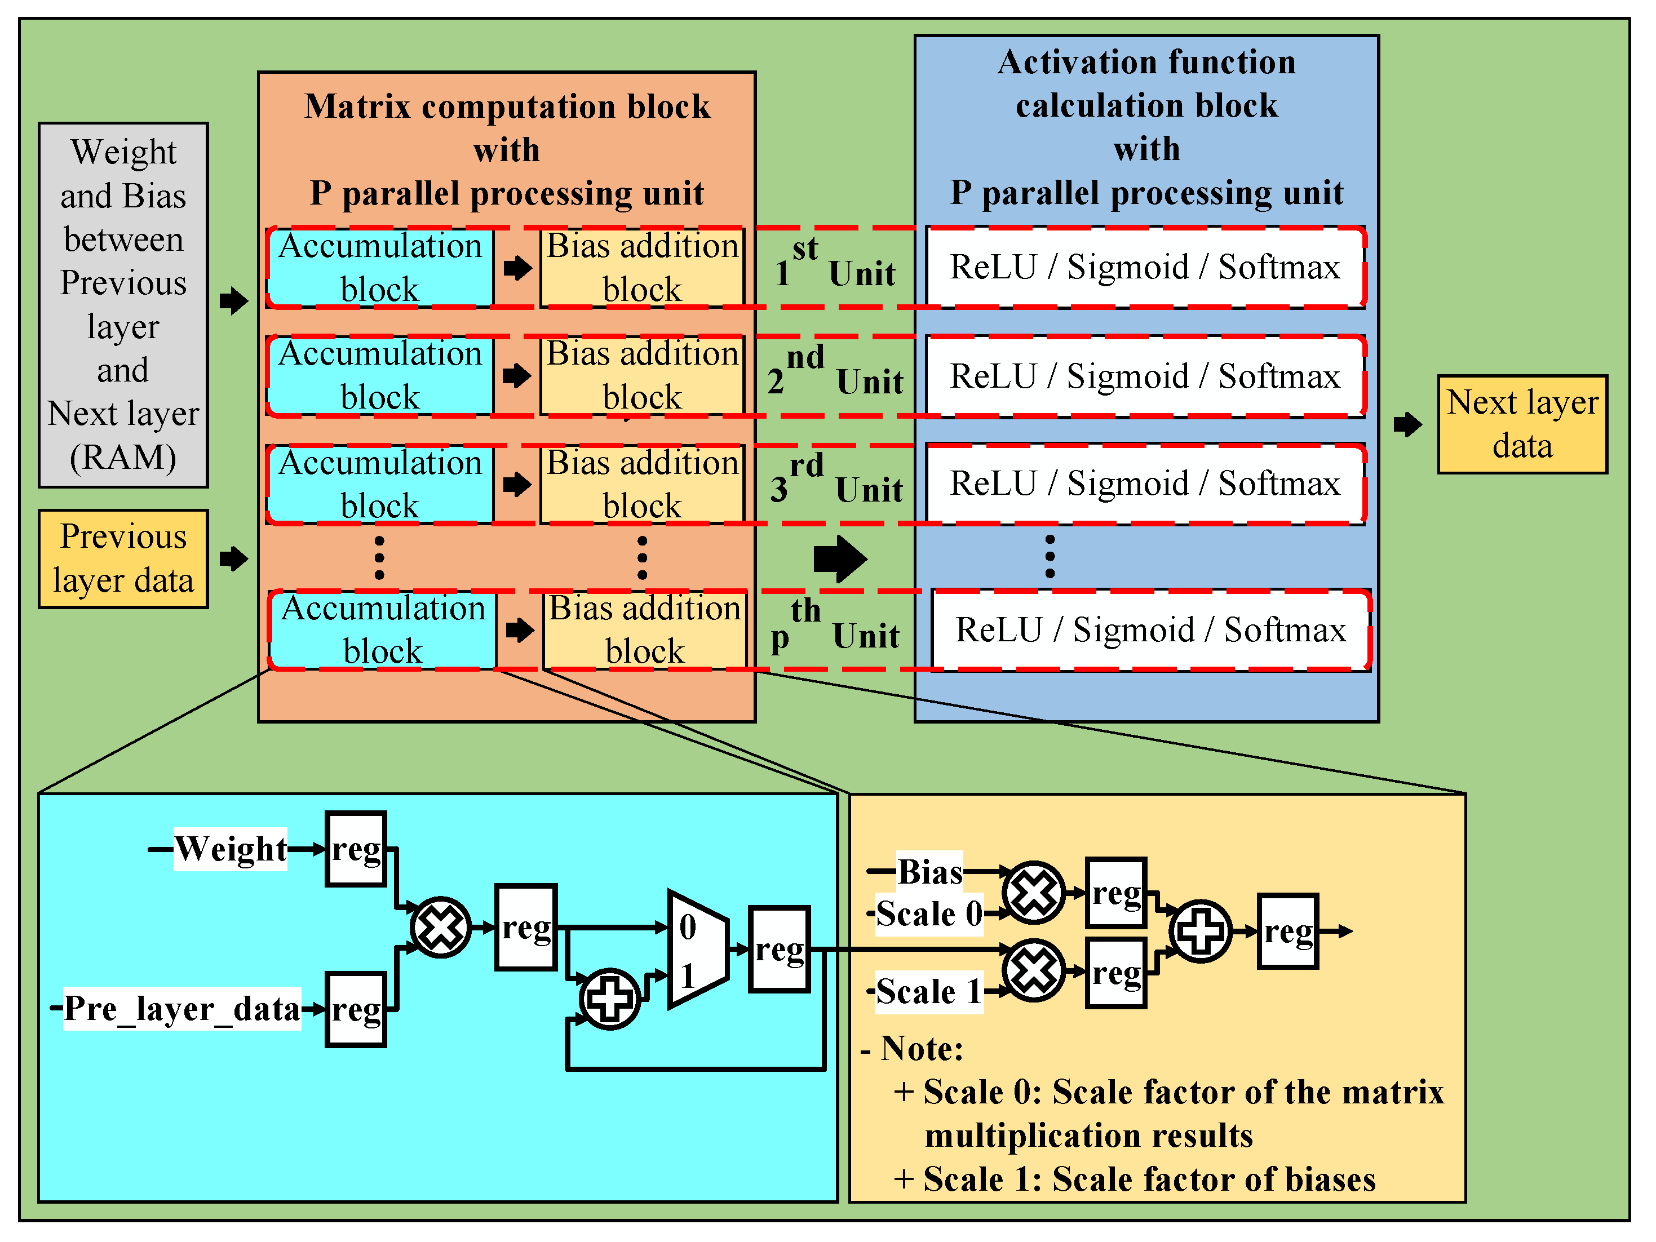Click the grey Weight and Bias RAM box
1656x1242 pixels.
pyautogui.click(x=123, y=305)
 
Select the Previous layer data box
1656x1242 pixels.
pyautogui.click(x=123, y=558)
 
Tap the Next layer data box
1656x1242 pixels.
pyautogui.click(x=1521, y=424)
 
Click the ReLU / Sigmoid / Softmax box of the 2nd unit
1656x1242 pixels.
pyautogui.click(x=1145, y=376)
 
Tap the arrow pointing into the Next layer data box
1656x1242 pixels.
pyautogui.click(x=1407, y=424)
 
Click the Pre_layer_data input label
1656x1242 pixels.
pyautogui.click(x=182, y=1009)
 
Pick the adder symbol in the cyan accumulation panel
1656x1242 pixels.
pyautogui.click(x=609, y=999)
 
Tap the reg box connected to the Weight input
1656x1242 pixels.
pyautogui.click(x=356, y=849)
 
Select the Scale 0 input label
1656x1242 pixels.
pyautogui.click(x=928, y=913)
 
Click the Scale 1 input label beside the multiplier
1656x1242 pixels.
pyautogui.click(x=928, y=992)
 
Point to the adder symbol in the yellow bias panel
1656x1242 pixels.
pyautogui.click(x=1200, y=931)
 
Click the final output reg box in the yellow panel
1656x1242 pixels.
pyautogui.click(x=1288, y=931)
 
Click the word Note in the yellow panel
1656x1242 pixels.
pyautogui.click(x=921, y=1049)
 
